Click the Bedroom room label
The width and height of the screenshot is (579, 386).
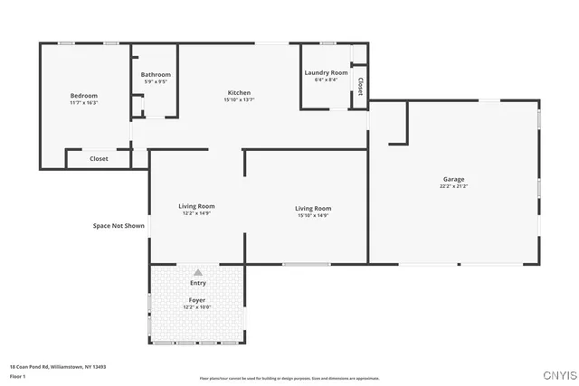pos(84,96)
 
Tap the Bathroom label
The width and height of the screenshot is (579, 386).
pos(156,75)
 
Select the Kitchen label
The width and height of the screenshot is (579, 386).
pos(239,93)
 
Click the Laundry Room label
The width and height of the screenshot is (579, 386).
pos(326,72)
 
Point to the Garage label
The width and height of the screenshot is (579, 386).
pos(453,179)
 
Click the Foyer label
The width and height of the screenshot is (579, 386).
pos(196,299)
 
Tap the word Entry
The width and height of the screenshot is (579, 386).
pos(197,283)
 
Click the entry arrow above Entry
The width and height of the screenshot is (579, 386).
pos(197,271)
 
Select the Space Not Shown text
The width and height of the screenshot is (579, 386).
pos(119,226)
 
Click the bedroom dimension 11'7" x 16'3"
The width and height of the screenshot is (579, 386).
pos(84,103)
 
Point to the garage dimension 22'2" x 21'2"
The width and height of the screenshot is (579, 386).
pos(453,186)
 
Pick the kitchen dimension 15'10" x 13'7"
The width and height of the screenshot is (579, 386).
pos(239,100)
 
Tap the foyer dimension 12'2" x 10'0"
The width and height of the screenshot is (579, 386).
pos(196,306)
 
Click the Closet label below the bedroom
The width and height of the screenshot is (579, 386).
pos(99,159)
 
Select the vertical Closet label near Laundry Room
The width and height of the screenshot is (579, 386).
pos(360,87)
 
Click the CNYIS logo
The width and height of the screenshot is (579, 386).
pos(556,372)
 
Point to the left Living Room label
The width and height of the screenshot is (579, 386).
pos(196,206)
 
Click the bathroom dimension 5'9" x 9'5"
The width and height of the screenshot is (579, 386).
pos(156,82)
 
